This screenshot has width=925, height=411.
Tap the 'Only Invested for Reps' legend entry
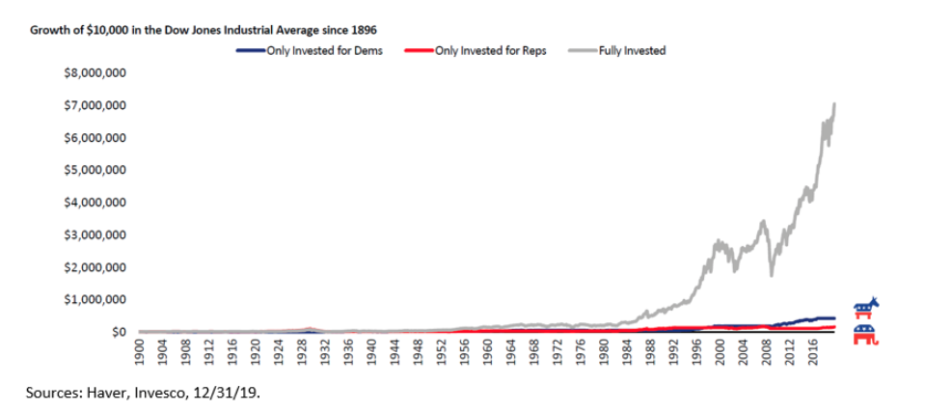(490, 50)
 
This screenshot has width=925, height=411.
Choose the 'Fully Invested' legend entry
(631, 50)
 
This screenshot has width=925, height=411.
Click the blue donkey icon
(866, 307)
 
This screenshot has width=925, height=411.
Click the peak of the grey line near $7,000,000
(834, 103)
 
